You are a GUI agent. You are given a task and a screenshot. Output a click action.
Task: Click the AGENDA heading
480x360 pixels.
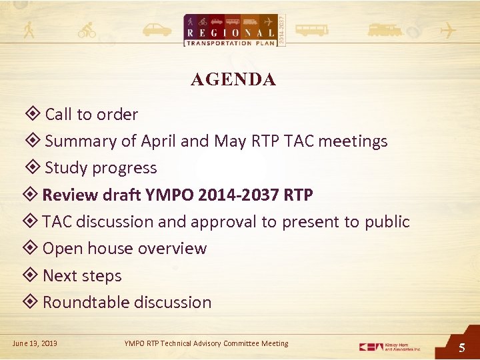pyautogui.click(x=233, y=80)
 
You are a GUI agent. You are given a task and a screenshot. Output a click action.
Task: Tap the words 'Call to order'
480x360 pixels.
pyautogui.click(x=91, y=115)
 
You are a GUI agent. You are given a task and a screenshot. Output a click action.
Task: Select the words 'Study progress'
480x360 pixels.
pyautogui.click(x=101, y=168)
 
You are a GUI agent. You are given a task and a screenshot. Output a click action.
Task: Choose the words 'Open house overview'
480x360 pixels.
pyautogui.click(x=125, y=249)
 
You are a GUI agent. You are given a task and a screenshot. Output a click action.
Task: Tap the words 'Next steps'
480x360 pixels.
pyautogui.click(x=82, y=276)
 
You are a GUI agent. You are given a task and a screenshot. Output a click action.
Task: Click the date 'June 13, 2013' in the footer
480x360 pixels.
pyautogui.click(x=35, y=343)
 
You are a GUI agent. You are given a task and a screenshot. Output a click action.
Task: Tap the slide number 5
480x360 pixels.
pyautogui.click(x=461, y=347)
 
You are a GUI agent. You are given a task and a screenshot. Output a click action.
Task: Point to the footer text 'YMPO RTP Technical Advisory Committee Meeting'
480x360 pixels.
pyautogui.click(x=206, y=343)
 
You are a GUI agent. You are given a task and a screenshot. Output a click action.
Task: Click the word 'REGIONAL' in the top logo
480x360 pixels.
pyautogui.click(x=231, y=33)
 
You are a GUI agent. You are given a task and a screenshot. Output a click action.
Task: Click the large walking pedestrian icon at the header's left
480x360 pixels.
pyautogui.click(x=29, y=30)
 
